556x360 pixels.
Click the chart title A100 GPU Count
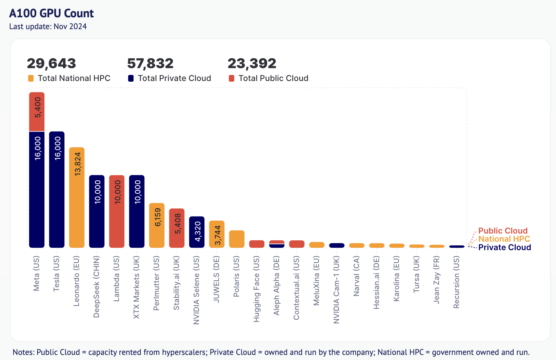click(x=52, y=13)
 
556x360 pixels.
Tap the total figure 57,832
click(x=150, y=63)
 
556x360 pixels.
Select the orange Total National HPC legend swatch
click(x=31, y=78)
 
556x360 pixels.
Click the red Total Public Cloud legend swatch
click(x=232, y=78)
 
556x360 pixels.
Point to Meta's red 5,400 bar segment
click(x=37, y=112)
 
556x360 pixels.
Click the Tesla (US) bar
click(x=57, y=189)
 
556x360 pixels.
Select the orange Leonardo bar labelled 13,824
click(x=77, y=197)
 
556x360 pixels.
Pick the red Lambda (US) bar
click(x=117, y=211)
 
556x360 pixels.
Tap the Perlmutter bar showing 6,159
click(x=157, y=225)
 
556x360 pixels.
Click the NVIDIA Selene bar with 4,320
click(x=197, y=232)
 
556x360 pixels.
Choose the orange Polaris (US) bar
click(x=237, y=239)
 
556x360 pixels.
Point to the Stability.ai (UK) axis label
click(x=177, y=283)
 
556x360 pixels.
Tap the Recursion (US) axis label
click(x=457, y=282)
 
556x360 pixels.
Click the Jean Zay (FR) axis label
click(x=437, y=280)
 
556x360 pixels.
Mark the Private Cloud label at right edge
click(x=504, y=247)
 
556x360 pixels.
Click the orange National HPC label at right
click(x=504, y=239)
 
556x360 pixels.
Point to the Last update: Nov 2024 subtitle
click(x=48, y=26)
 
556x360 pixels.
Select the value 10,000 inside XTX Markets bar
click(x=137, y=192)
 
